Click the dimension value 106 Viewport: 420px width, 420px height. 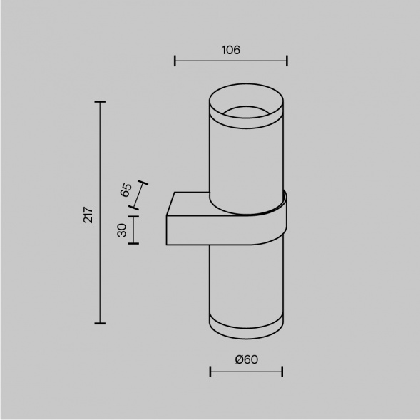[230, 50]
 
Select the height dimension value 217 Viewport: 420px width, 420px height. [88, 214]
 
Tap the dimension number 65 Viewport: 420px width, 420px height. [126, 190]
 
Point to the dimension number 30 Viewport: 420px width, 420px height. [121, 230]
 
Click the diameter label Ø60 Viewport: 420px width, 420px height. [246, 359]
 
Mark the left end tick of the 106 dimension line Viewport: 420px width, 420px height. [175, 62]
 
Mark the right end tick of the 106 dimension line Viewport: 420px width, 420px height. [287, 62]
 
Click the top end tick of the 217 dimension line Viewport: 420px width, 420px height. [100, 103]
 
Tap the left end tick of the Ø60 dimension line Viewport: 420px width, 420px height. [210, 372]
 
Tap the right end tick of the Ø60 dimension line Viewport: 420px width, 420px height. [283, 372]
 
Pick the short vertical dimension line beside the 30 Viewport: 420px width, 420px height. [133, 230]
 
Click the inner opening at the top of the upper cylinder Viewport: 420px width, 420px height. [245, 111]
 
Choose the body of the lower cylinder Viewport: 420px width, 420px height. [245, 278]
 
